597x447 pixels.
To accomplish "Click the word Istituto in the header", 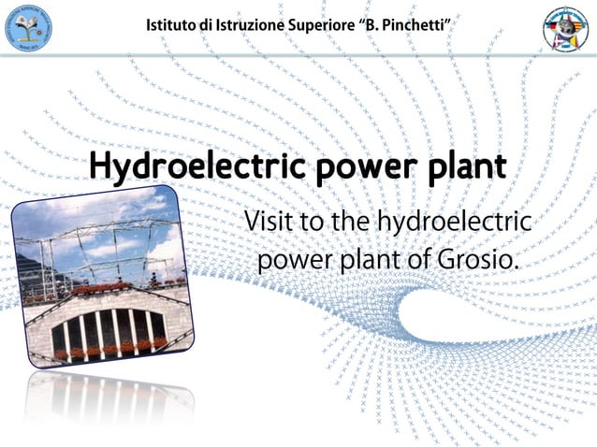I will coord(169,24).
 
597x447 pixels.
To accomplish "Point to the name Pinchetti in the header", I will coord(417,24).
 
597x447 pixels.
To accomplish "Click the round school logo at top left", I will coord(28,27).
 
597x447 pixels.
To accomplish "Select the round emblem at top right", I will coord(567,28).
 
